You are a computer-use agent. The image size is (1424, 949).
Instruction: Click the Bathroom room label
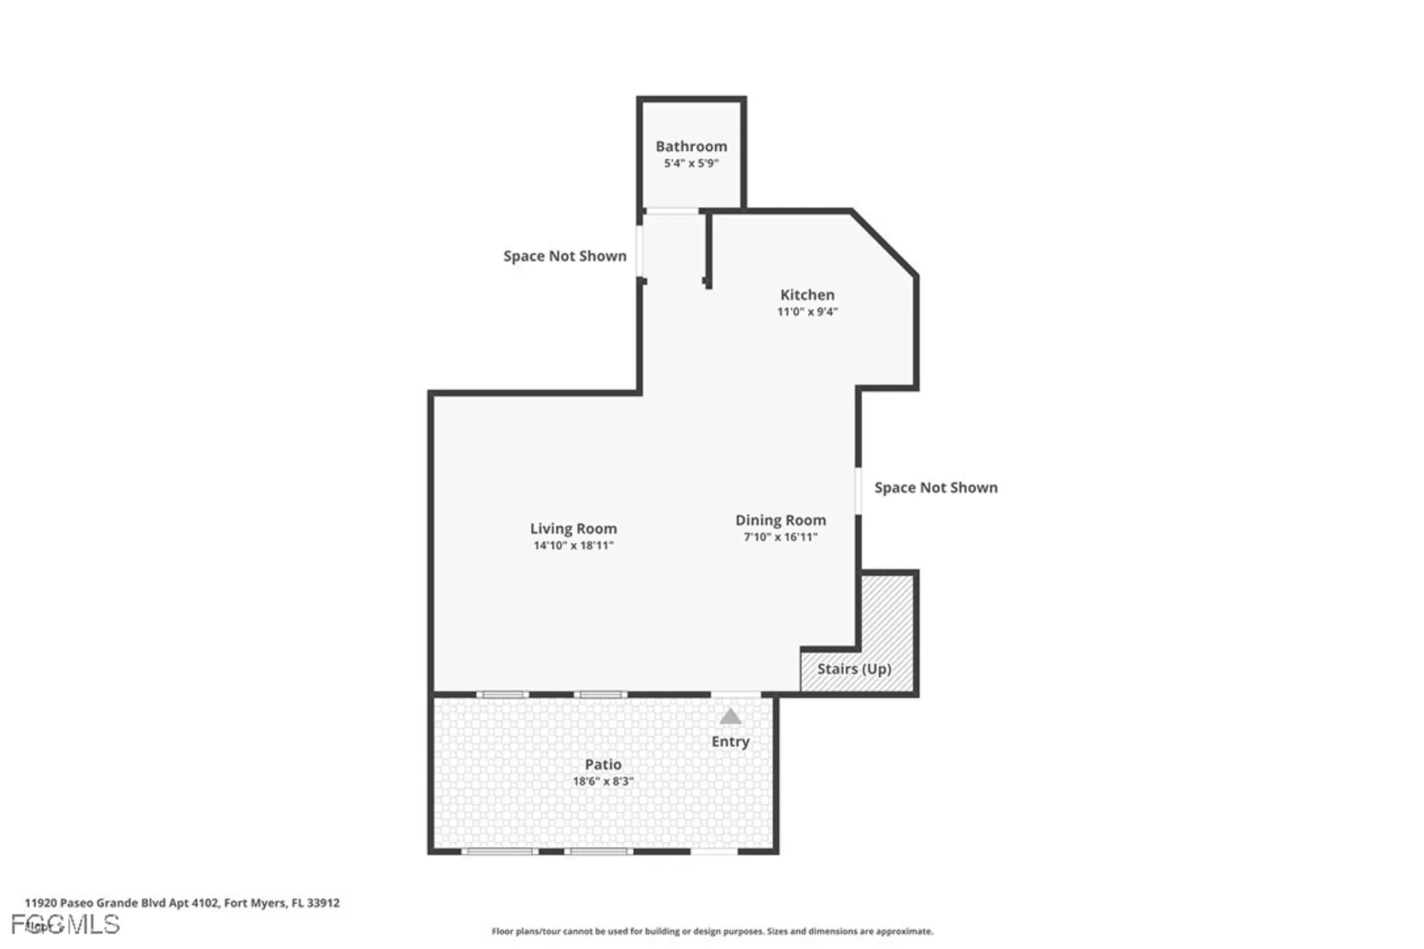coord(691,146)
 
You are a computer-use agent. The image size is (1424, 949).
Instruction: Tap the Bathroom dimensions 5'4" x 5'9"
coord(691,163)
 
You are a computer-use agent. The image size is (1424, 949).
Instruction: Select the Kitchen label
coord(807,294)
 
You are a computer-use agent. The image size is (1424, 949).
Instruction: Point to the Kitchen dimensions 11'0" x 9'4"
coord(807,311)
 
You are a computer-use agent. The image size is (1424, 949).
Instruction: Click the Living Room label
coord(573,528)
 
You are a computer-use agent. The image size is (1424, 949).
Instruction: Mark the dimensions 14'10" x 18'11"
coord(573,545)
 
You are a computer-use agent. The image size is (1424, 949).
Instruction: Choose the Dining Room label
coord(780,520)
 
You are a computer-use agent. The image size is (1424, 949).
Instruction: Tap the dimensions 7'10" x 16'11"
coord(780,537)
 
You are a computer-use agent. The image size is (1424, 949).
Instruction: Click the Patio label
coord(603,764)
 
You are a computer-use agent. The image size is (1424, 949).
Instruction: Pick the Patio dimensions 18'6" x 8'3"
coord(603,781)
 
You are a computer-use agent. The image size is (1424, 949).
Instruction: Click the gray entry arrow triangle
coord(731,717)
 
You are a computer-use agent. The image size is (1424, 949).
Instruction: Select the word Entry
coord(731,741)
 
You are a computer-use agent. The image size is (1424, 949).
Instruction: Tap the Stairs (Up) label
coord(854,669)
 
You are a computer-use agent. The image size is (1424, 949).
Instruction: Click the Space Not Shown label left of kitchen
coord(565,256)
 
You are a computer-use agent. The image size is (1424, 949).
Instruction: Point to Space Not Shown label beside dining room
coord(936,487)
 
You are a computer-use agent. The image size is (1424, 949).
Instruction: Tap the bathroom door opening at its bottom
coord(671,211)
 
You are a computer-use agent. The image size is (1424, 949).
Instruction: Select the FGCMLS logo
coord(66,924)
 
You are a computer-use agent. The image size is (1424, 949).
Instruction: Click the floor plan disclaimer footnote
coord(712,931)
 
